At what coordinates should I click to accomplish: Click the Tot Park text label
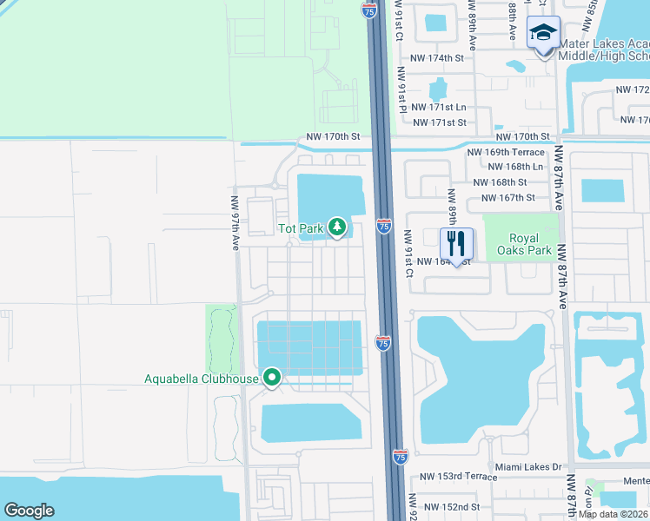300,228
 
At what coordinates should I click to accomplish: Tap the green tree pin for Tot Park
337,228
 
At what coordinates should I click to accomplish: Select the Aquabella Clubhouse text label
202,379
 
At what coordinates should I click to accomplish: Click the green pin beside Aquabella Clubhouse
272,378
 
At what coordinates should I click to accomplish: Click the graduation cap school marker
543,35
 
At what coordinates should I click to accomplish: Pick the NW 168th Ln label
516,166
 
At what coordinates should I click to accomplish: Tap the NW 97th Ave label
235,224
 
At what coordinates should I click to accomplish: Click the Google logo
29,511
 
